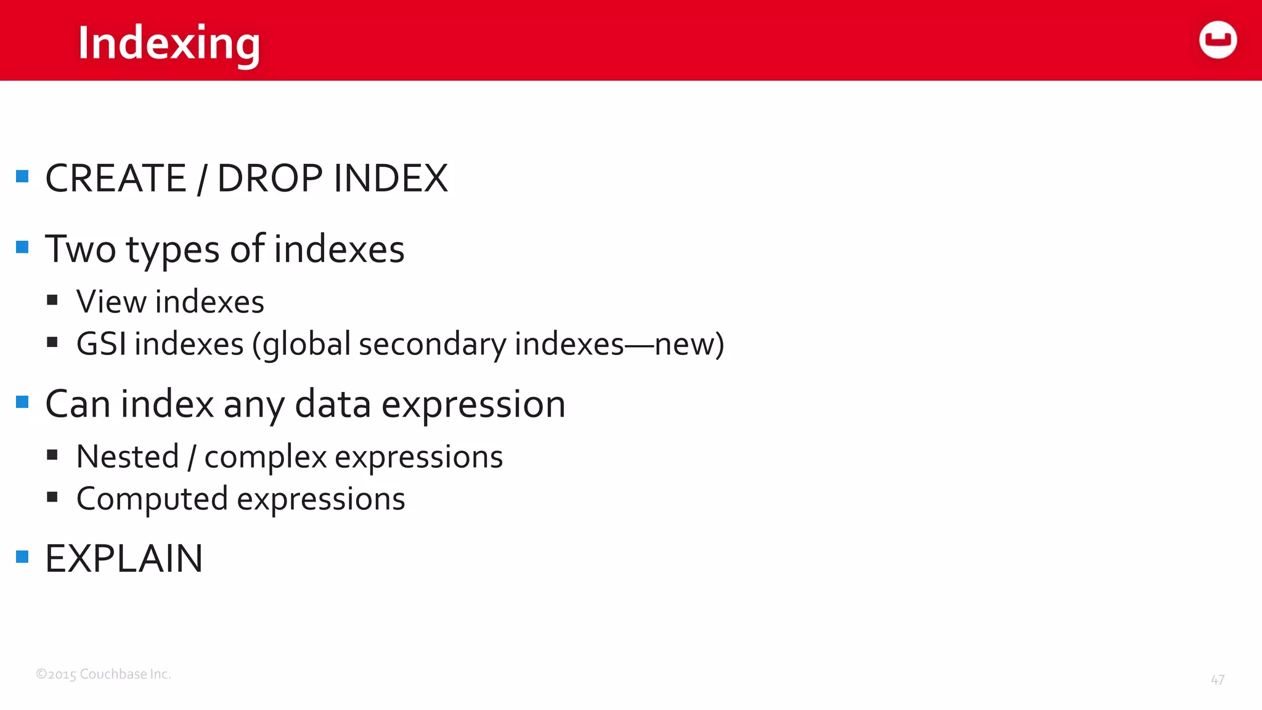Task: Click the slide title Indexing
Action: pyautogui.click(x=169, y=43)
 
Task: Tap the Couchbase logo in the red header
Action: pyautogui.click(x=1218, y=40)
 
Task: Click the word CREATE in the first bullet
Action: pyautogui.click(x=116, y=179)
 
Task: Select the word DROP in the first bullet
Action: pyautogui.click(x=270, y=179)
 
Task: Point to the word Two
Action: pyautogui.click(x=80, y=250)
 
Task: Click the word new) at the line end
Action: pyautogui.click(x=689, y=344)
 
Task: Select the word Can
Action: pyautogui.click(x=78, y=405)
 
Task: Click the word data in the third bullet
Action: pyautogui.click(x=333, y=405)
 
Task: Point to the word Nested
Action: pyautogui.click(x=128, y=457)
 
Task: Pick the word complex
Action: pyautogui.click(x=266, y=457)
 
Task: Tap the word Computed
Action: pyautogui.click(x=152, y=499)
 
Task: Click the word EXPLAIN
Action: pyautogui.click(x=124, y=559)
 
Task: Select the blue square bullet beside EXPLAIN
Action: pyautogui.click(x=23, y=557)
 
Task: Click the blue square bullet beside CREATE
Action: pyautogui.click(x=23, y=177)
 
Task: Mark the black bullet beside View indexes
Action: pyautogui.click(x=52, y=300)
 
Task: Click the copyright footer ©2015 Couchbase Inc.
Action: pyautogui.click(x=104, y=674)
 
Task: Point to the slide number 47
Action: pyautogui.click(x=1217, y=680)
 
